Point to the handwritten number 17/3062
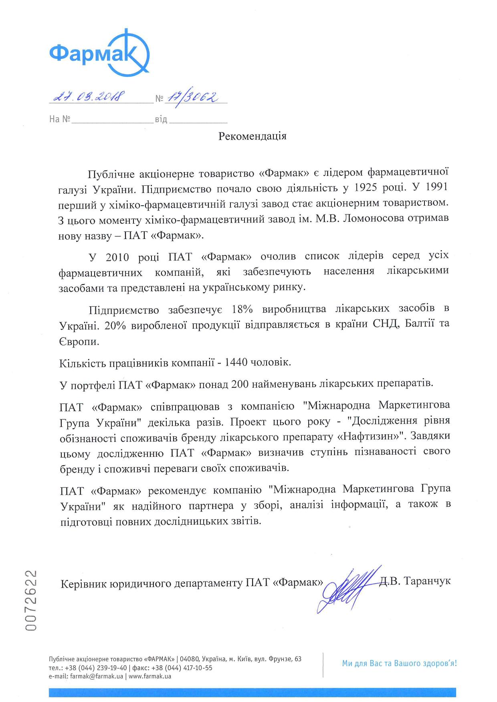coord(192,97)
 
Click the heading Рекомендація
coord(252,136)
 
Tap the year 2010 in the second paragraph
coord(119,257)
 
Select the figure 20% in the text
coord(115,326)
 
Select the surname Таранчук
coord(427,581)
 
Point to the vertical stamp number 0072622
coord(31,600)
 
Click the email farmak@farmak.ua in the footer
coord(97,676)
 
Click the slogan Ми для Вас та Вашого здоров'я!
coord(399,663)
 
